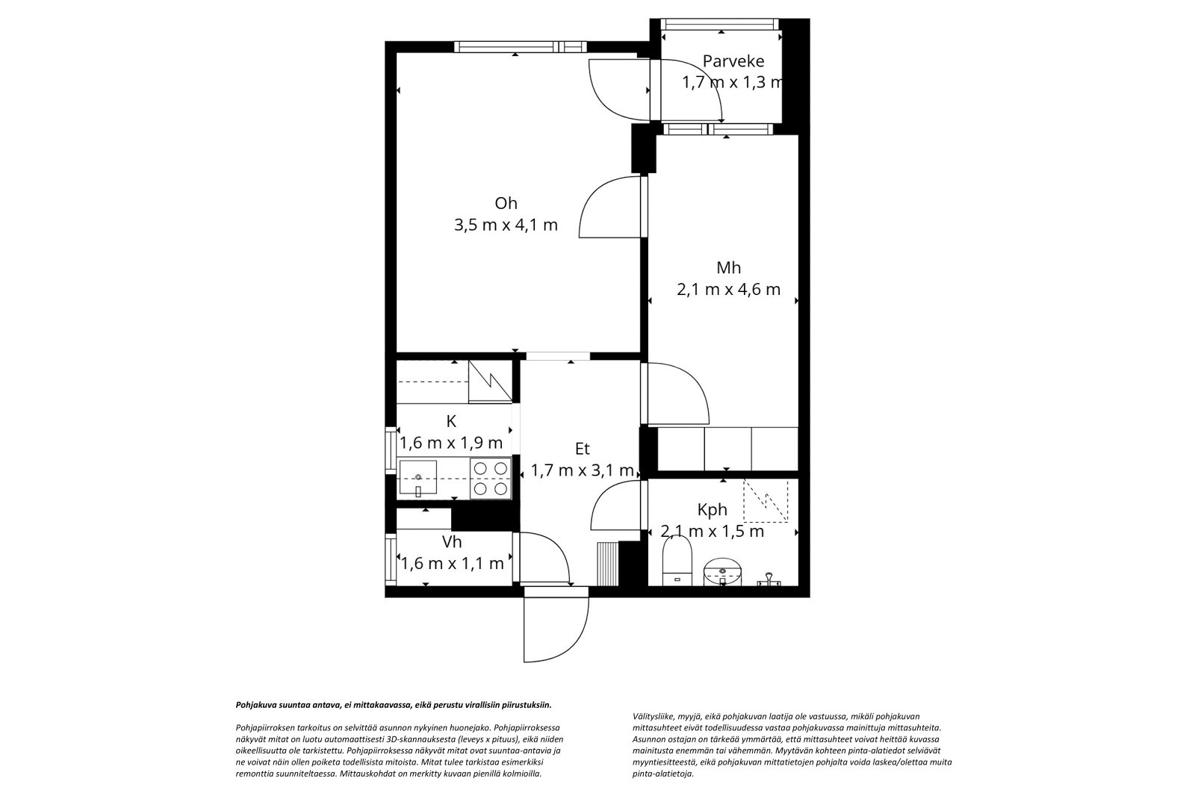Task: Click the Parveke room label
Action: (x=733, y=62)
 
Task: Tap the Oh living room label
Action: (x=506, y=203)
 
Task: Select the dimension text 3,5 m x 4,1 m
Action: (x=506, y=226)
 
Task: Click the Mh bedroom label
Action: (x=728, y=267)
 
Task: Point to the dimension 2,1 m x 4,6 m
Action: (x=728, y=290)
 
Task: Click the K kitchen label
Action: (x=451, y=421)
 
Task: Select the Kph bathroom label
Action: (x=713, y=510)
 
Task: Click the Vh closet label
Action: (x=452, y=542)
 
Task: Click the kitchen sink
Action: (x=418, y=477)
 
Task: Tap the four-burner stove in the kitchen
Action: (x=490, y=478)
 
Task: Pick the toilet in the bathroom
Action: (x=677, y=560)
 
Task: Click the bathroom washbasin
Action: (x=722, y=570)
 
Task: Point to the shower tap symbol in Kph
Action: (x=769, y=580)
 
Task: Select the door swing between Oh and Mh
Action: (x=610, y=207)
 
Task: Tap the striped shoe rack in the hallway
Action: (x=607, y=564)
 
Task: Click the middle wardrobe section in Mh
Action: (x=727, y=449)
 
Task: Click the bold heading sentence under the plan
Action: (x=394, y=705)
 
